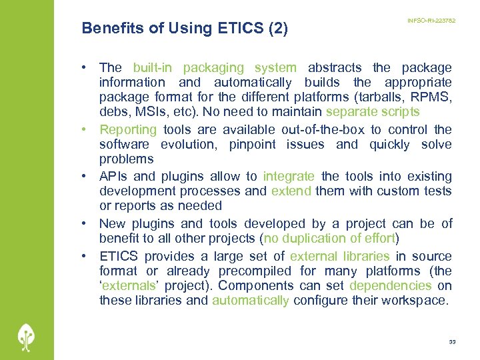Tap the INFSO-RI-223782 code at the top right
431,21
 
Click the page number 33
452,341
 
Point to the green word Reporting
128,129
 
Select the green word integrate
289,176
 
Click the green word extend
291,191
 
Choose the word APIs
113,176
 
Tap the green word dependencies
391,285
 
